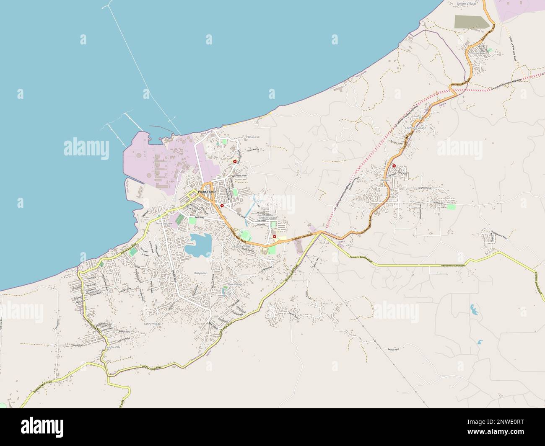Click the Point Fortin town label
coord(207,192)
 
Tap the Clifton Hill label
coord(253,137)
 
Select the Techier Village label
coord(268,218)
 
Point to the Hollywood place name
coord(201,273)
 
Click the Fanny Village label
coord(152,324)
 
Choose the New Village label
coord(235,285)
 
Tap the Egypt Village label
coord(241,247)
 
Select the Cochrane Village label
coord(415,128)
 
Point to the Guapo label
coord(386,180)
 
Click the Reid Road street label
coord(199,218)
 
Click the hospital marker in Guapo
coord(394,166)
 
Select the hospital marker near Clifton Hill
coord(235,161)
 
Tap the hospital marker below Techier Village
coord(275,237)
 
